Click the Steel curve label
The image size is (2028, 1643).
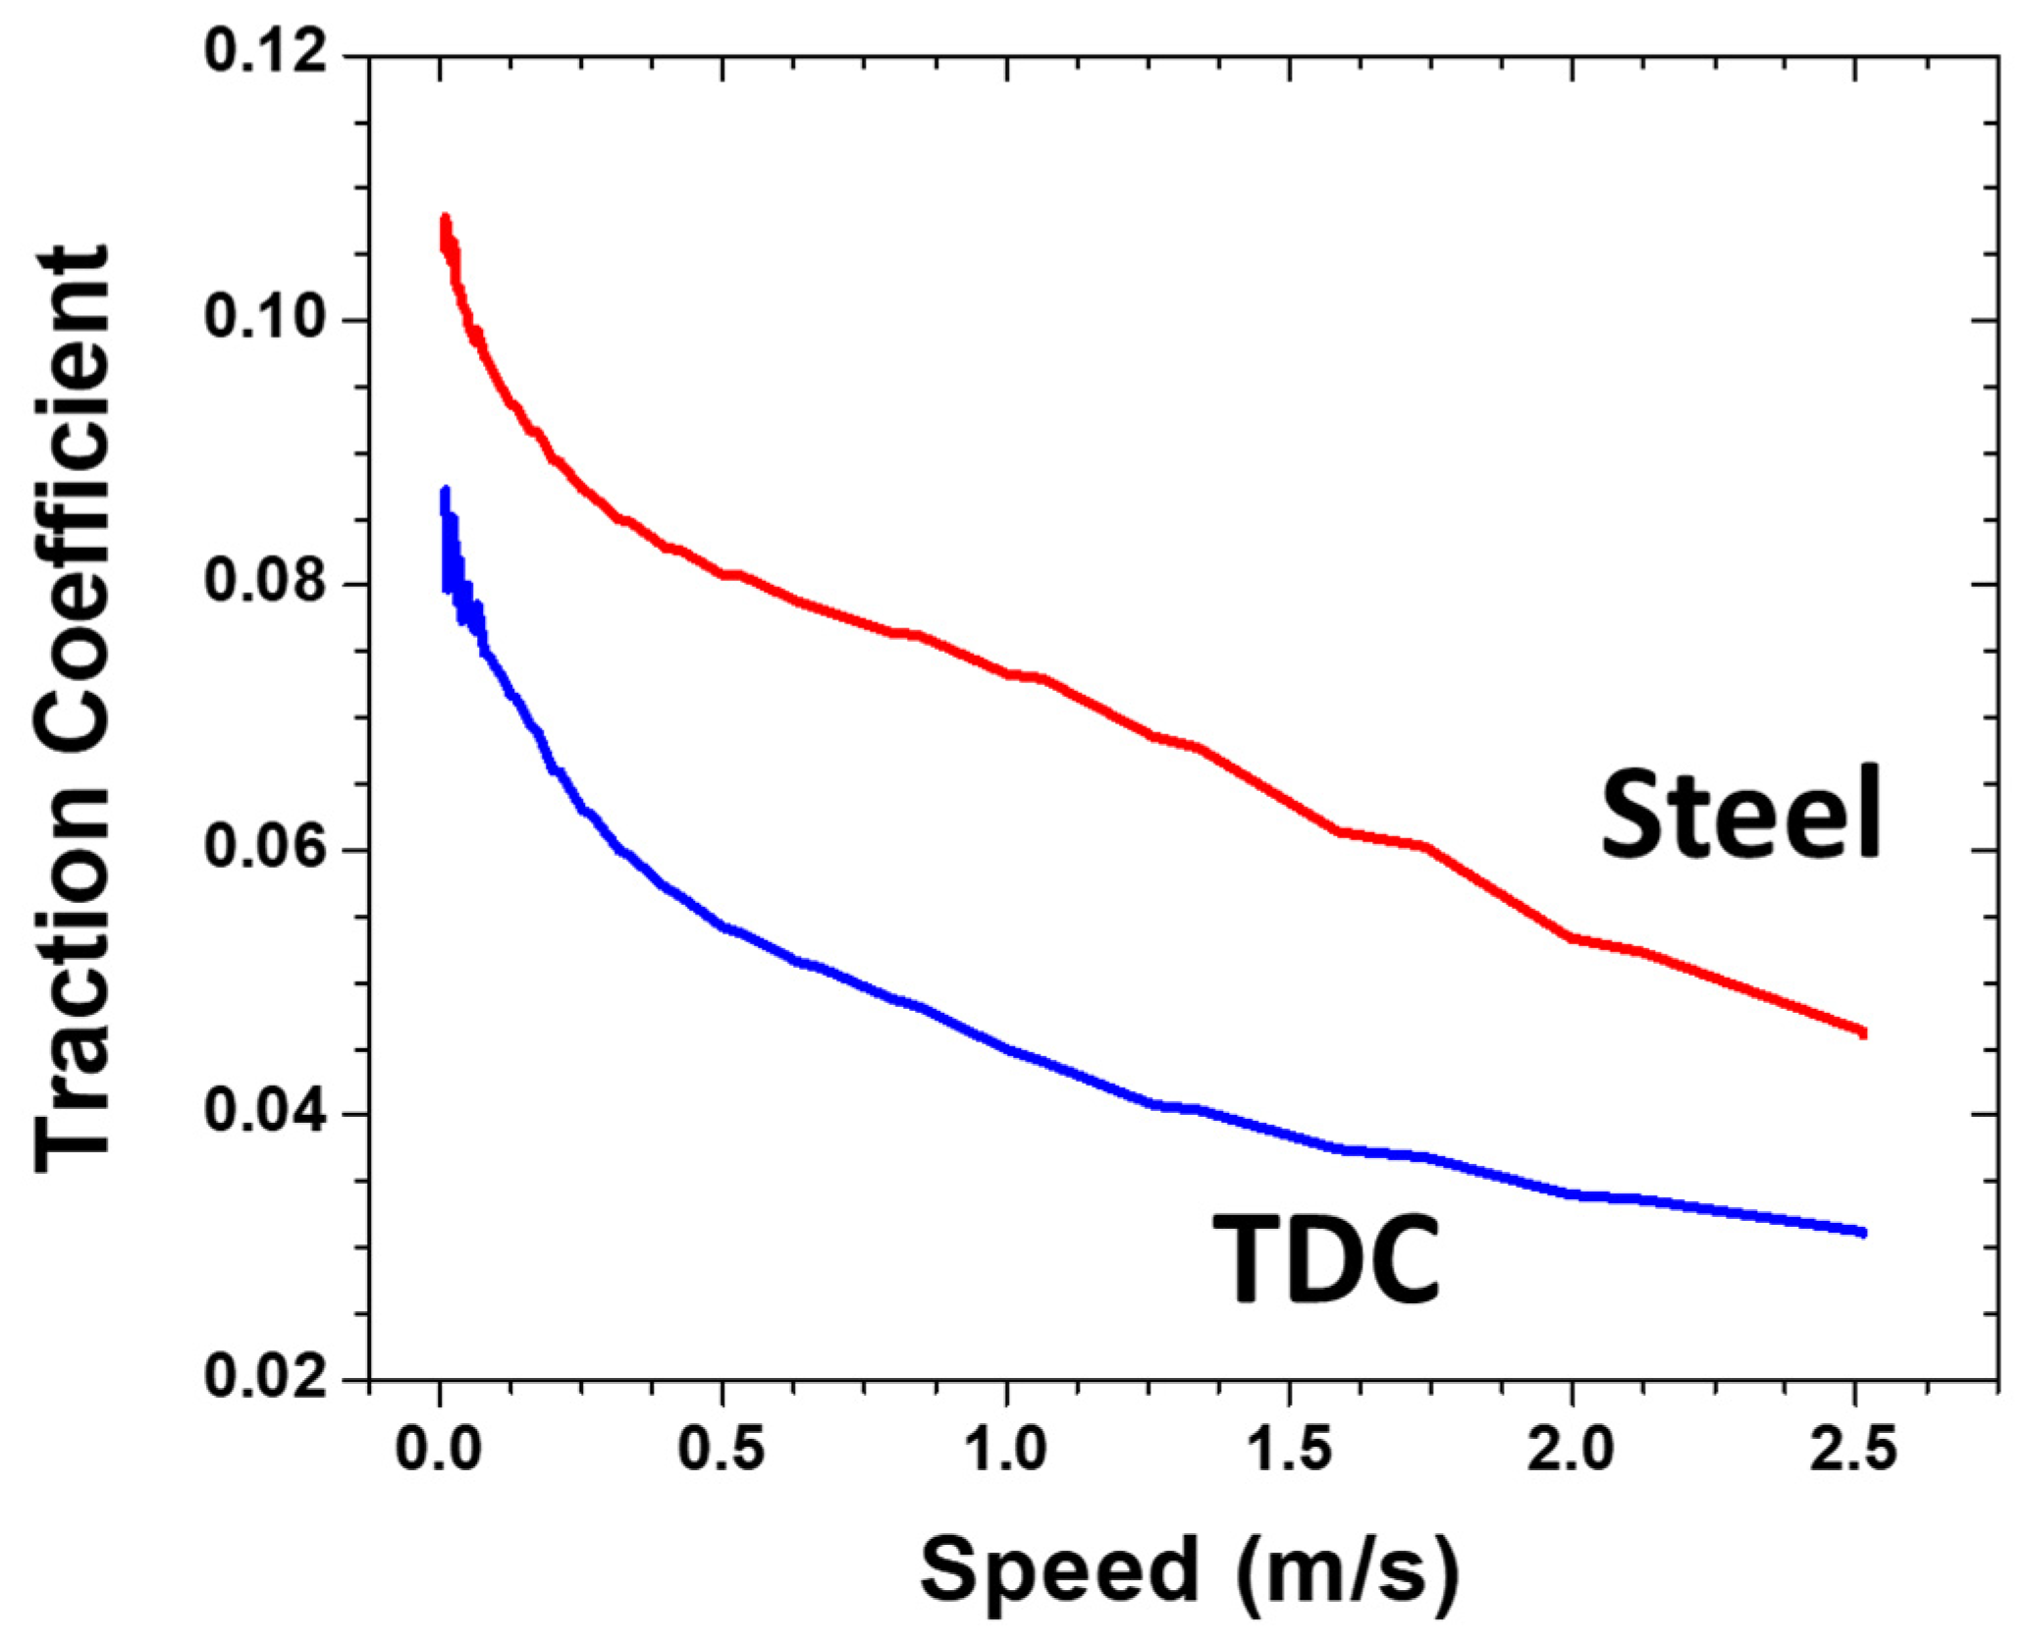click(1740, 814)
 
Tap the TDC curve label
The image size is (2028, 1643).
click(1326, 1258)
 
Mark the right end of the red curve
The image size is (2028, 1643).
click(1861, 1033)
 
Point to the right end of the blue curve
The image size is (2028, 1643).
click(1861, 1232)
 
